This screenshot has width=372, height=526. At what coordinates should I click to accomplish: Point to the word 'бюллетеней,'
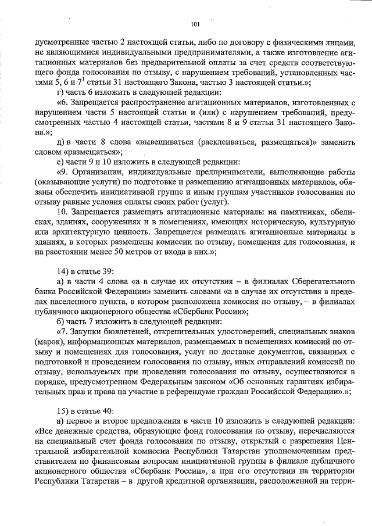(x=127, y=331)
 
